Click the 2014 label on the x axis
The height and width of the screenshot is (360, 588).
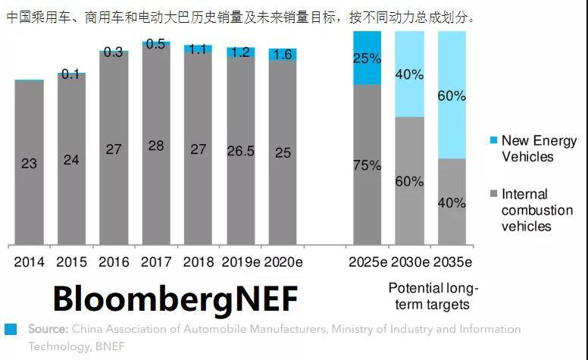(29, 262)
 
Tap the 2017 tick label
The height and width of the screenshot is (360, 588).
(156, 262)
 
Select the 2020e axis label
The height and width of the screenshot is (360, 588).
(283, 262)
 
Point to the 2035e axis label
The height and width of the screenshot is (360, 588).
(452, 262)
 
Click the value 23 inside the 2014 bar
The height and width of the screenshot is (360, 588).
(29, 163)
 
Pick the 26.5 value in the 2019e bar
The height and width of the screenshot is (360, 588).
(240, 152)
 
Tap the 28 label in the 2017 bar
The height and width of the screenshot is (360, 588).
(156, 146)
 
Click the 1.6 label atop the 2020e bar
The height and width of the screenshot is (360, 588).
(283, 55)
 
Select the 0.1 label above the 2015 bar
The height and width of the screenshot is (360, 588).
(71, 74)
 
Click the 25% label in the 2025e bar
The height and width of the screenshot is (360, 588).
(367, 58)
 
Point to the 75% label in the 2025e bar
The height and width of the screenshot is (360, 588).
(367, 165)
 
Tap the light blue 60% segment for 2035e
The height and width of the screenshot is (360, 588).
(452, 96)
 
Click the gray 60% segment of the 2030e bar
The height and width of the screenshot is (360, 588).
(409, 181)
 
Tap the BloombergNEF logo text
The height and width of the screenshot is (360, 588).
(175, 299)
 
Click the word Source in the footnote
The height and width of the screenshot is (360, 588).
(48, 329)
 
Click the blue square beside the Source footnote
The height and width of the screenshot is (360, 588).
(11, 329)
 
